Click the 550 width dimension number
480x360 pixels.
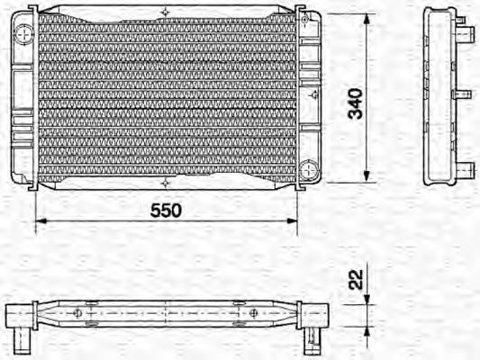(x=166, y=210)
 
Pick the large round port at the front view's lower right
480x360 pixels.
(x=311, y=168)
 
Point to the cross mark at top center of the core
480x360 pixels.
(x=165, y=11)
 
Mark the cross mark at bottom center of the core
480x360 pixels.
(x=165, y=187)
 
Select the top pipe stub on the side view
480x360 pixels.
(x=467, y=35)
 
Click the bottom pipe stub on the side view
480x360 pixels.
(x=466, y=168)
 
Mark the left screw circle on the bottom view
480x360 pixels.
(x=78, y=313)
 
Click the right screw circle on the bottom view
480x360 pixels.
(x=254, y=313)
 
